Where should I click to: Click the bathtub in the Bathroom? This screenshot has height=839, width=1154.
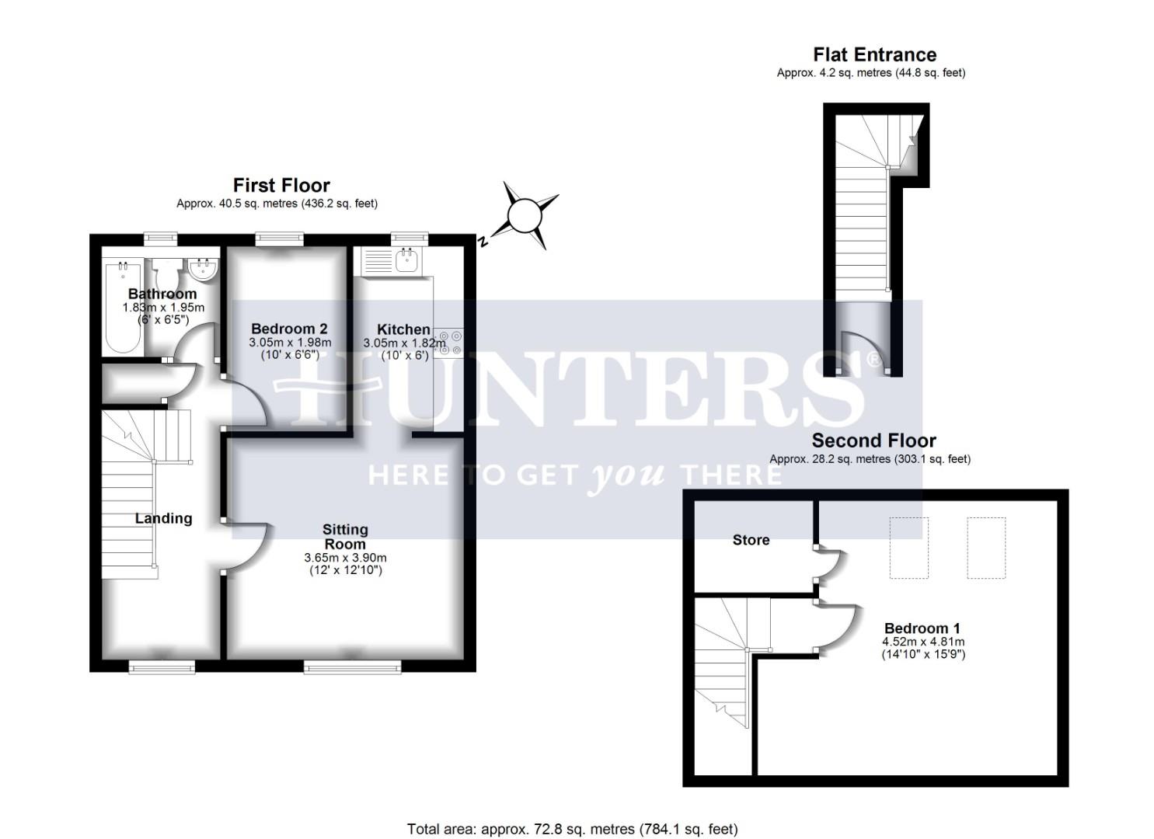click(x=123, y=307)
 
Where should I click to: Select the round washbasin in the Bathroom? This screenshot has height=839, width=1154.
click(x=204, y=269)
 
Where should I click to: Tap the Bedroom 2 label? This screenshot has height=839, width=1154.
click(x=289, y=329)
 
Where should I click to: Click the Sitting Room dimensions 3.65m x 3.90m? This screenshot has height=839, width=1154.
click(x=345, y=558)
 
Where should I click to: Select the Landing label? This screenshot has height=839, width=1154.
click(x=163, y=518)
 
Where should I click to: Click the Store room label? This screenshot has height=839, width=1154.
click(x=751, y=540)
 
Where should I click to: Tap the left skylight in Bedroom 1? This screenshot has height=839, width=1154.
click(x=908, y=548)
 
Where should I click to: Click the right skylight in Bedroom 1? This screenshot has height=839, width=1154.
click(x=986, y=548)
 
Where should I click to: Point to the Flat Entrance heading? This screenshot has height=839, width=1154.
click(x=874, y=54)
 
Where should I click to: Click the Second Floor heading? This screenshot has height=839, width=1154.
click(x=873, y=440)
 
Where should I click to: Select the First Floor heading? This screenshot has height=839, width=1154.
click(x=281, y=185)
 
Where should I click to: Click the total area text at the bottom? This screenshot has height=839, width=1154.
click(x=572, y=829)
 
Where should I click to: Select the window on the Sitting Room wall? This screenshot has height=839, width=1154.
click(x=353, y=666)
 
